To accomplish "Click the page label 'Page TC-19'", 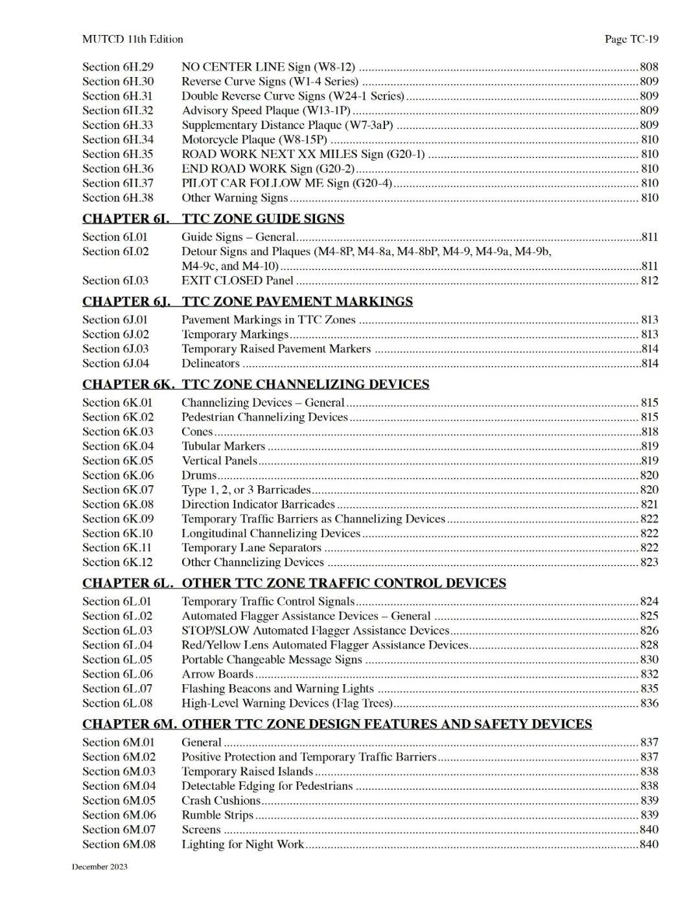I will click(x=631, y=40).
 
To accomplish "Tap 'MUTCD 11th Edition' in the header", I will click(x=132, y=40).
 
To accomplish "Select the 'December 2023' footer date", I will click(x=100, y=867).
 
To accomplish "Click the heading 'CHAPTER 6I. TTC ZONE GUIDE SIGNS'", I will click(x=213, y=218).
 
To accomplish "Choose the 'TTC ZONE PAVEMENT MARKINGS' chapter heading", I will click(x=297, y=301).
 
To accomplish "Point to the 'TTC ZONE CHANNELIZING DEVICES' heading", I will click(x=305, y=384).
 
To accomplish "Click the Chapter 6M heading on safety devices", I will click(x=336, y=724).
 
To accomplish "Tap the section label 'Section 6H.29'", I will click(x=118, y=67).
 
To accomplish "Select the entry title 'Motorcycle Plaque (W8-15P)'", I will click(x=254, y=139).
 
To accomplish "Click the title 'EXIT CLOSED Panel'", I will click(x=237, y=281).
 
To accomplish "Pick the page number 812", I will click(x=649, y=281).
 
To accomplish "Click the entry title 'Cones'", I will click(x=197, y=431).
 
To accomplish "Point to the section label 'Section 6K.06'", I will click(x=118, y=475).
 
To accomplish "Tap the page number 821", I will click(x=649, y=504).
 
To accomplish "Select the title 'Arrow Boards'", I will click(x=217, y=674).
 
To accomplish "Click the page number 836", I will click(x=649, y=703).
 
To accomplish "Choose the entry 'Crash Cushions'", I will click(x=220, y=800).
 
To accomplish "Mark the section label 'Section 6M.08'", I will click(x=119, y=844).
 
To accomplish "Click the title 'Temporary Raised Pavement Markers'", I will click(x=276, y=349).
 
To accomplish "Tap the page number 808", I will click(x=649, y=67).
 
